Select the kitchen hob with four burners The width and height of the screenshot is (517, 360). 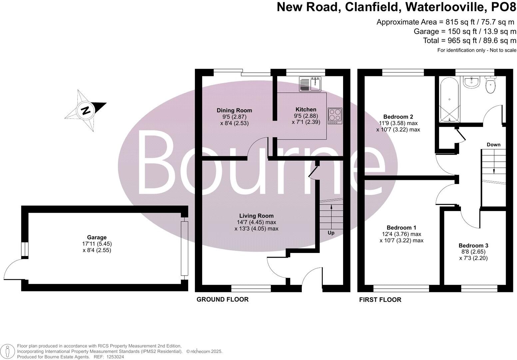pos(335,116)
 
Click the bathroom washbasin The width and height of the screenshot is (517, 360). pos(471,82)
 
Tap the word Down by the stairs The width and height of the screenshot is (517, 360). pos(493,145)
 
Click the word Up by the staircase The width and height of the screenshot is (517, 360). pos(331,233)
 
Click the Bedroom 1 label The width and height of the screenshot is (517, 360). pos(401,228)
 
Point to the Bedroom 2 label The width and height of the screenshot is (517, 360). pos(398,117)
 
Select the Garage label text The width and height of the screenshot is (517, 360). pos(97,237)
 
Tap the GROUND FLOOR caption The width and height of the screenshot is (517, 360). pos(223,299)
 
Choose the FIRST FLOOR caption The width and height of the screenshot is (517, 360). pos(380,300)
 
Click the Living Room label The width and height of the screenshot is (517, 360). pos(256,216)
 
